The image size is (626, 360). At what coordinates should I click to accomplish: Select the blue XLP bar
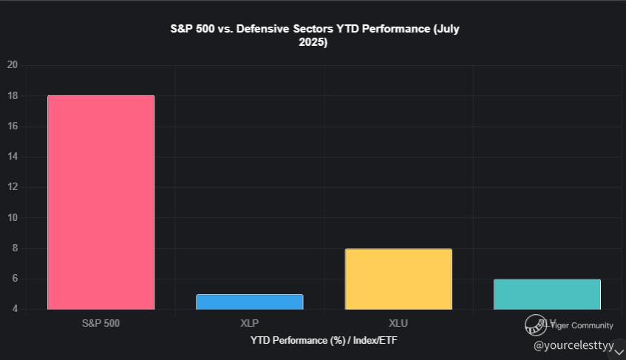[x=250, y=302]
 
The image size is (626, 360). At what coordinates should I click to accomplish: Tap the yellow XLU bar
[x=398, y=279]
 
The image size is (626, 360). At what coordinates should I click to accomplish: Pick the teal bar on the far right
[x=547, y=294]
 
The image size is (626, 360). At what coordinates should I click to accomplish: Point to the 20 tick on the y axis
[x=12, y=65]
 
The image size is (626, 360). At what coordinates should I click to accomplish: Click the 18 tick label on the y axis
[x=12, y=95]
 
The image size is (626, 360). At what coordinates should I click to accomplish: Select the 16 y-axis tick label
[x=12, y=126]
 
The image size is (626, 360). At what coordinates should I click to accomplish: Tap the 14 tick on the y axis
[x=12, y=157]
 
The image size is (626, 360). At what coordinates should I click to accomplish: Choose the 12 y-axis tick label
[x=12, y=187]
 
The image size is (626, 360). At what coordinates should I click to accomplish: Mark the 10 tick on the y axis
[x=12, y=218]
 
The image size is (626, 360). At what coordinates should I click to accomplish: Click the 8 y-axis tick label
[x=13, y=248]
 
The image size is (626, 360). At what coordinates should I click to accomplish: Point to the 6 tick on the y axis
[x=13, y=279]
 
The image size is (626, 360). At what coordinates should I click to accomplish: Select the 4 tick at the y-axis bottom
[x=13, y=309]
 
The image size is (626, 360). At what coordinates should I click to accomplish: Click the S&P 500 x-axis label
[x=101, y=324]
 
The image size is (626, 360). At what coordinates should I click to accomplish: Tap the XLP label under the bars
[x=250, y=324]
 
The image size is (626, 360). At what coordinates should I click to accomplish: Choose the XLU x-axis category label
[x=398, y=324]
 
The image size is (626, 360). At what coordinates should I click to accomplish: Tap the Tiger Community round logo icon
[x=535, y=325]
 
